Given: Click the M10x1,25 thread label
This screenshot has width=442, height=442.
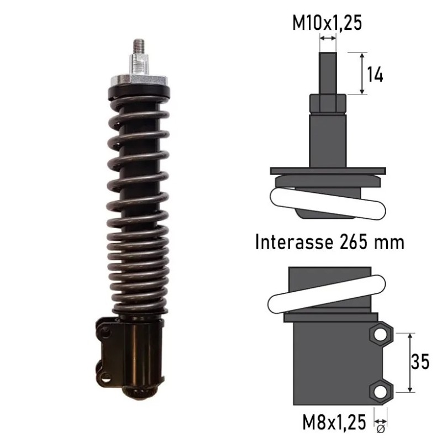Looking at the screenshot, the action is click(x=327, y=23).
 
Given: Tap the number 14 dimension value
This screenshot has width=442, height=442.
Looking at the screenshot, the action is click(x=375, y=75).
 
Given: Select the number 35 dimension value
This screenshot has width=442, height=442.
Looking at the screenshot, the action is click(x=420, y=361).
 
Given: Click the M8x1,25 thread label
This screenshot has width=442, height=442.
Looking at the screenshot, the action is click(x=334, y=422).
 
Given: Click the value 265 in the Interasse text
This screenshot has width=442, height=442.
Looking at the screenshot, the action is click(x=354, y=242).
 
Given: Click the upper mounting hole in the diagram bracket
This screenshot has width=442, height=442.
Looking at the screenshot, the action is click(x=381, y=335).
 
